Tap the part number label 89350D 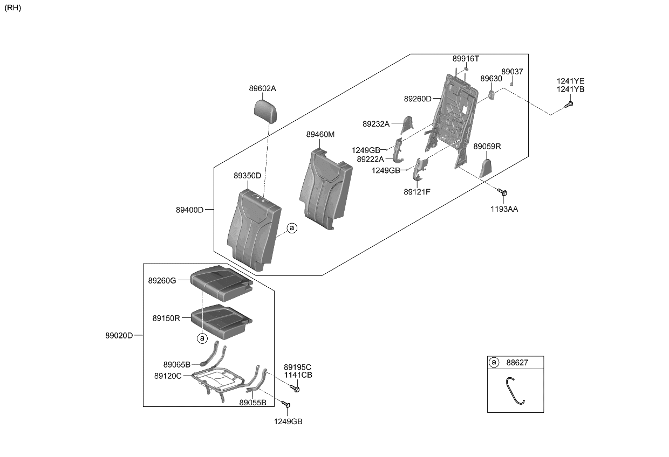[247, 176]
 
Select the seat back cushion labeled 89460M [325, 188]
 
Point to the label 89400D [189, 210]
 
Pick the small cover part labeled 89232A [407, 125]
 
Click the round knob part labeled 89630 [492, 95]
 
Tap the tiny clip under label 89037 [511, 84]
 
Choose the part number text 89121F [417, 191]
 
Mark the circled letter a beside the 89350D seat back [292, 228]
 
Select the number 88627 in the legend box [517, 363]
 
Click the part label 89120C [168, 375]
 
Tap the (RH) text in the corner [12, 8]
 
